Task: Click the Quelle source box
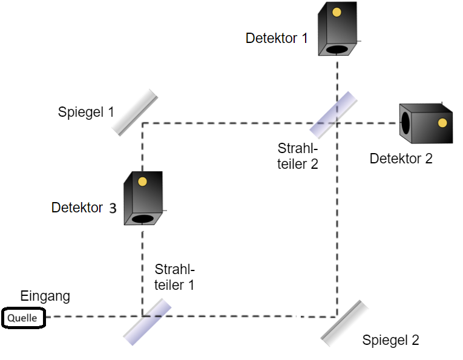click(x=23, y=318)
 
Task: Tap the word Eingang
click(x=45, y=296)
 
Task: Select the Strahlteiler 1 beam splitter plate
click(x=148, y=322)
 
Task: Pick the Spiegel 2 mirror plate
click(x=345, y=324)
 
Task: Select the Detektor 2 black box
click(x=427, y=124)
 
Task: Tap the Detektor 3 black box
click(x=144, y=198)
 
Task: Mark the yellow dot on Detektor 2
click(x=442, y=123)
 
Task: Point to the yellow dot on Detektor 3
click(x=143, y=182)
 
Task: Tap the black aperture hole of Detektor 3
click(x=143, y=219)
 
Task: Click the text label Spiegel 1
click(x=85, y=113)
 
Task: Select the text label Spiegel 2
click(x=390, y=340)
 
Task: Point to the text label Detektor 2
click(x=401, y=159)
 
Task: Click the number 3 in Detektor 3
click(x=113, y=209)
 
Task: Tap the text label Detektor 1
click(x=277, y=38)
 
